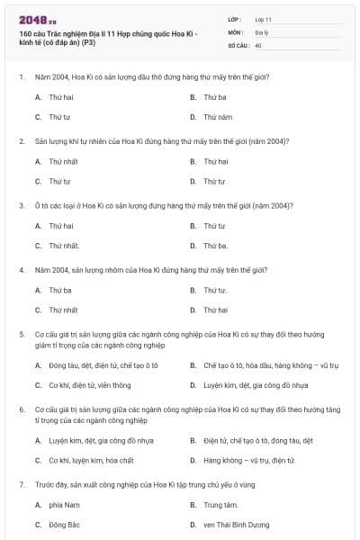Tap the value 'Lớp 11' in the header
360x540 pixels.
pos(264,18)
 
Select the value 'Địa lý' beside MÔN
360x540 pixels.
pos(262,31)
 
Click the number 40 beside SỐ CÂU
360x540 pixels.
pos(258,45)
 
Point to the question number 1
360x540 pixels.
pos(22,76)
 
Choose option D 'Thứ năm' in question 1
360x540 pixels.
pos(218,117)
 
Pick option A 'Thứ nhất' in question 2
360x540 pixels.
pos(63,161)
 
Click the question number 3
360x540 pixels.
pos(22,205)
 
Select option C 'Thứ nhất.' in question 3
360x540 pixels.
pos(65,246)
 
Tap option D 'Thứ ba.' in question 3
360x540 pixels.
pos(216,246)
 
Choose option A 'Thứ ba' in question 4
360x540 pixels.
pos(60,290)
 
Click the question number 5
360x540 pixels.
pos(22,334)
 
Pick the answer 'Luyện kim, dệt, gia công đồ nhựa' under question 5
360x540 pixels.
pos(256,385)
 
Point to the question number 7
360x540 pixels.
pos(22,485)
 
